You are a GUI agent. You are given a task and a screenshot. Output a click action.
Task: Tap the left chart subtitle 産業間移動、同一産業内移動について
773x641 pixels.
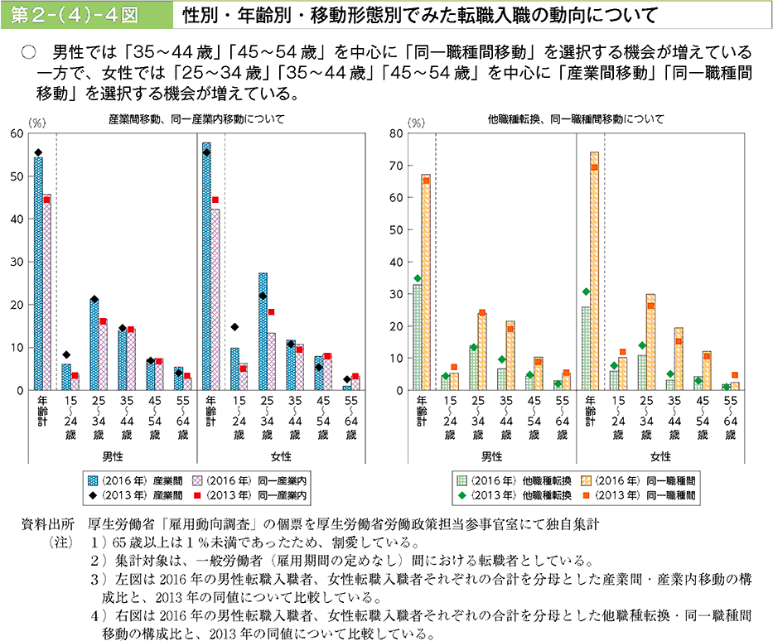[196, 119]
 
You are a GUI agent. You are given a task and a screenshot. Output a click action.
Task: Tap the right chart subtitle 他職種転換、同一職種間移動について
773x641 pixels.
[577, 119]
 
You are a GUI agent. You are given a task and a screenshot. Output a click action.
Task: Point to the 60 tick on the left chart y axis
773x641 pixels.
[17, 133]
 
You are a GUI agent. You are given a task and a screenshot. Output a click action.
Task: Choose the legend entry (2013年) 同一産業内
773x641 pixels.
[250, 495]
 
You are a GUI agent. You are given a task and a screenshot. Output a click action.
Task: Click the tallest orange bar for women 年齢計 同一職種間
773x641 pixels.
[594, 273]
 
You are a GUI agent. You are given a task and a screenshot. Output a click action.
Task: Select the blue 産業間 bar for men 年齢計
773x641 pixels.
[38, 273]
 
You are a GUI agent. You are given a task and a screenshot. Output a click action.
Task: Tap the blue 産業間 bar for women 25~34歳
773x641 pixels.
[263, 331]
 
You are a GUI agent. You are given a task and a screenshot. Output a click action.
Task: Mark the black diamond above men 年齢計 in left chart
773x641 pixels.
[38, 152]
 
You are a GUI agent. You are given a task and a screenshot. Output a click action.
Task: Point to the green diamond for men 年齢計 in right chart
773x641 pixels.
[417, 278]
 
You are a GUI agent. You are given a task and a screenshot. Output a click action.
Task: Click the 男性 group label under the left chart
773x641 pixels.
[112, 456]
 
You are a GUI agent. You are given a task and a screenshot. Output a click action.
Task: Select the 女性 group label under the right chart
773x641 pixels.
[660, 456]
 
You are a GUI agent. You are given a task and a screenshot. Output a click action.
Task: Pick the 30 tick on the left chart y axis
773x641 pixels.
[17, 262]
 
